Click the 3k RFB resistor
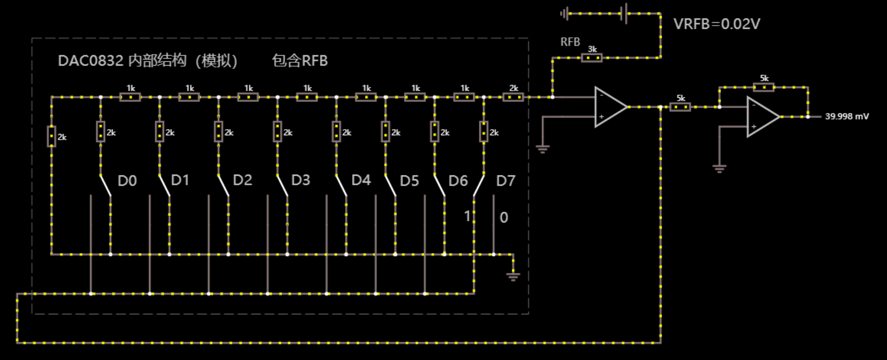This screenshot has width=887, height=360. coord(592,57)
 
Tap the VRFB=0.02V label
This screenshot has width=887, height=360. coord(716,24)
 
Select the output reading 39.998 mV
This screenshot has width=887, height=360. coord(846,116)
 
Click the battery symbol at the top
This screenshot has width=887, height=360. coord(625,13)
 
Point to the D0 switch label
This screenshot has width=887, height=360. coord(127,181)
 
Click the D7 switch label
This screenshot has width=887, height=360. coord(506,181)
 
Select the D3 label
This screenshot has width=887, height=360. coord(300,180)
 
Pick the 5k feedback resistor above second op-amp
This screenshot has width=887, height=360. coord(764,87)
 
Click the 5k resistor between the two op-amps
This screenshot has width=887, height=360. coord(680,107)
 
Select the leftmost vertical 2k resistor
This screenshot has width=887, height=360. coord(51,136)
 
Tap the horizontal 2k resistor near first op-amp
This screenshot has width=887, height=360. coord(513,97)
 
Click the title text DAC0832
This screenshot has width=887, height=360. coord(91,61)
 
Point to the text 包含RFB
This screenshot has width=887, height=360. coord(300,61)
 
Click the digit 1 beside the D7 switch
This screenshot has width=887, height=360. coord(467,216)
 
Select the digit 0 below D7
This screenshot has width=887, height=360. coord(504,218)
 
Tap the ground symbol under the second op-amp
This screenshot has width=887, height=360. coord(719,169)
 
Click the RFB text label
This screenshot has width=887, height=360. coord(570,42)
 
